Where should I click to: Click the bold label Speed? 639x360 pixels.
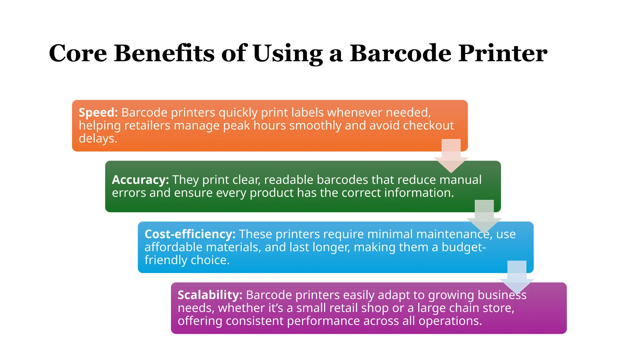coord(98,112)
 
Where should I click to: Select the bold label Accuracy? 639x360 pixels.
coord(140,180)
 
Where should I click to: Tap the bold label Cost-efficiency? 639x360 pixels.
coord(190,234)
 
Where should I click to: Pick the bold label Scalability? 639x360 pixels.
coord(210,295)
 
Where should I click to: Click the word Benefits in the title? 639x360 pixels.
coord(164,53)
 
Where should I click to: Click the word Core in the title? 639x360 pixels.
coord(78,53)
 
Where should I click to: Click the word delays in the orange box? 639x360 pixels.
coord(97,138)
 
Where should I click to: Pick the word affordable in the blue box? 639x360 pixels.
coord(173,247)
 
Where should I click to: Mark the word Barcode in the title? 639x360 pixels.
coord(400,53)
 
